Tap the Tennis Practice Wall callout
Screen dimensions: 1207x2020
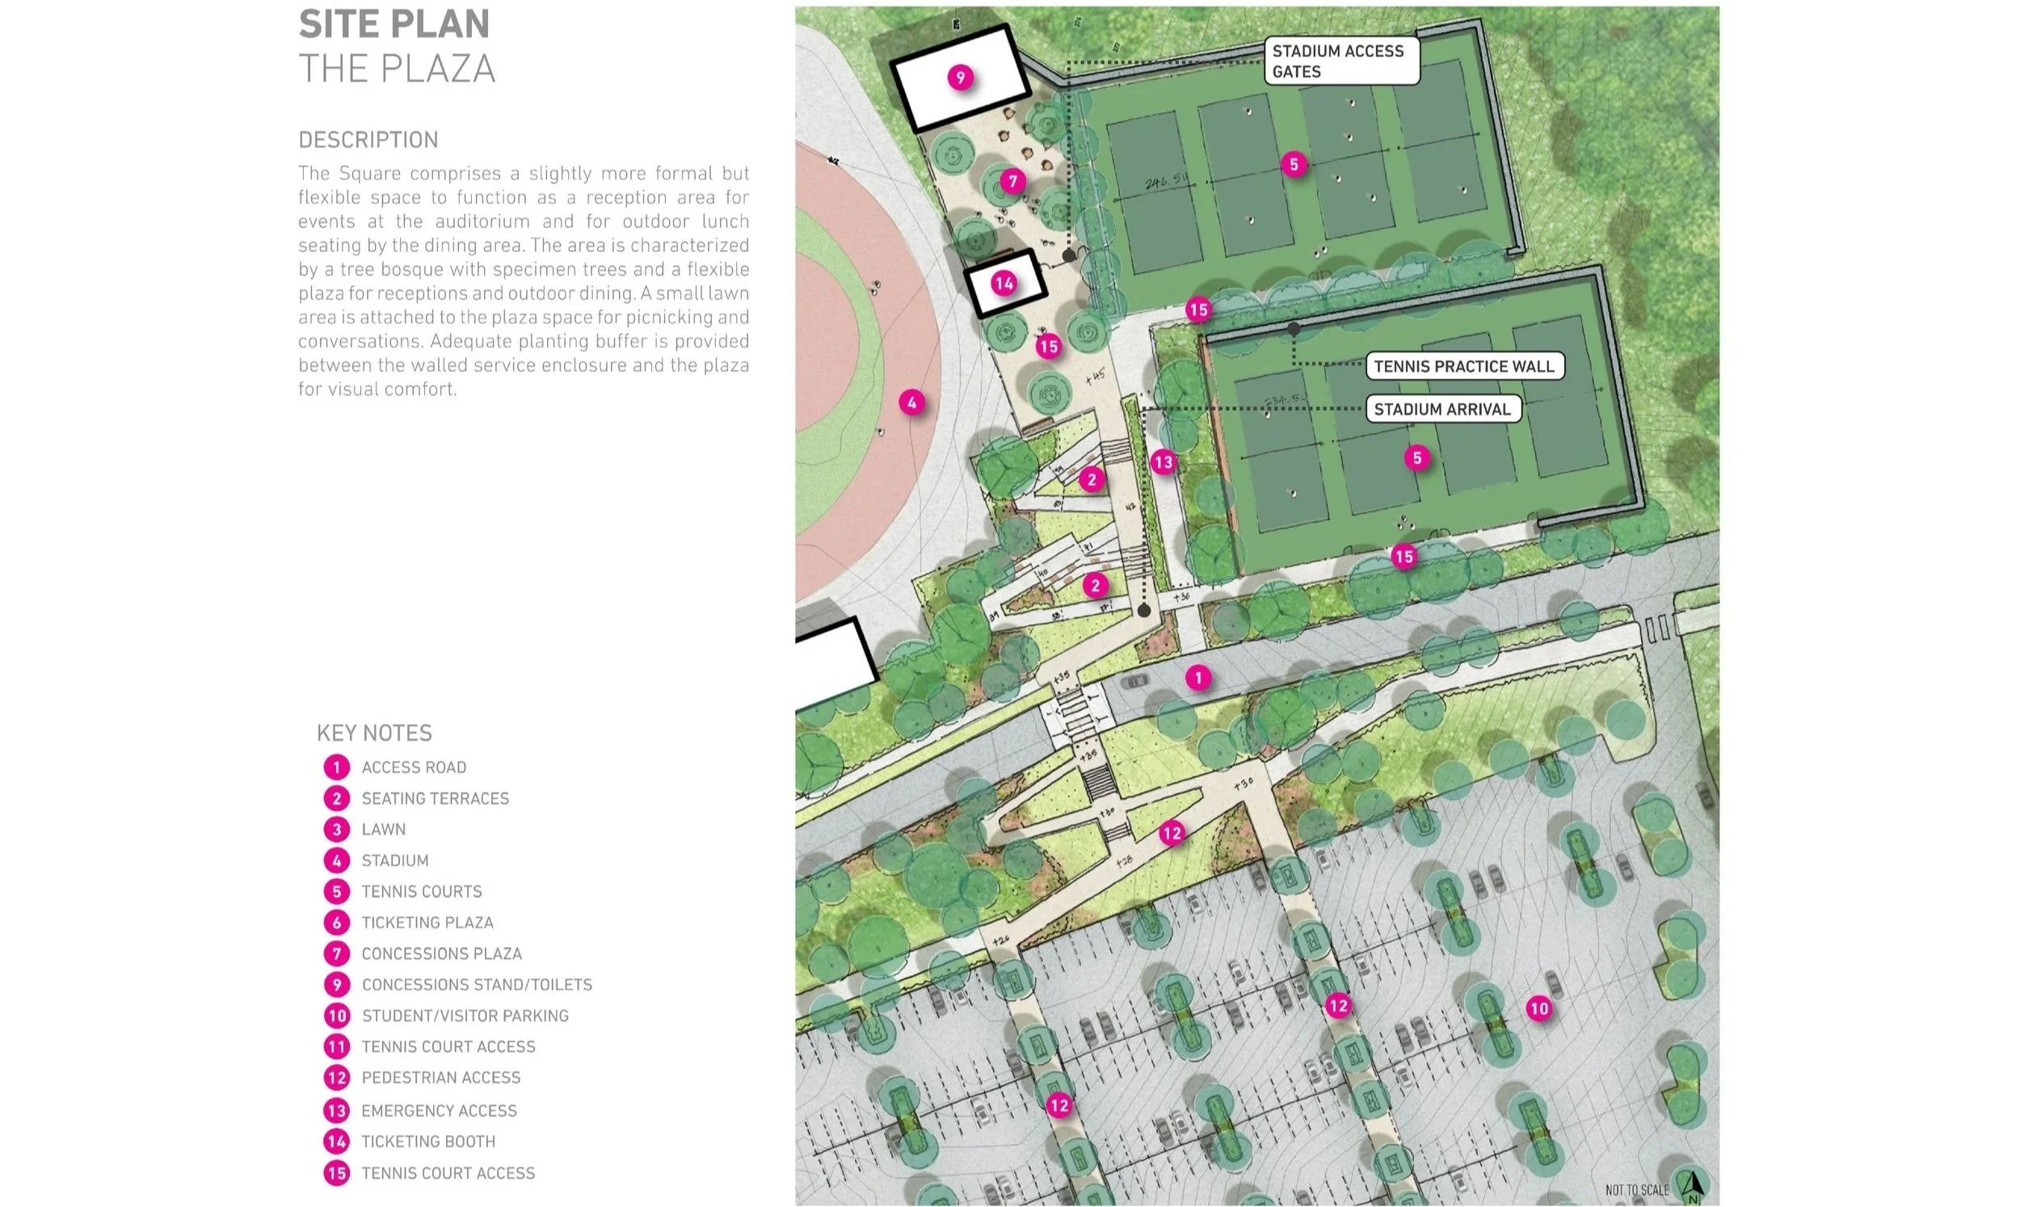(1464, 366)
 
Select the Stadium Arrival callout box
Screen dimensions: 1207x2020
(1441, 409)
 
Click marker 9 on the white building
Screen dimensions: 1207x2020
(961, 78)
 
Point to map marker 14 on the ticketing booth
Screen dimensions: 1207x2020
(1004, 283)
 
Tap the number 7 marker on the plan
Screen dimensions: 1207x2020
(1012, 180)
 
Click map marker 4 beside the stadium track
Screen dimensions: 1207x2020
(911, 402)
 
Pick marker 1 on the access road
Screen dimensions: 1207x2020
(1197, 678)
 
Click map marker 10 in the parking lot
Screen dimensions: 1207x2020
(1539, 1008)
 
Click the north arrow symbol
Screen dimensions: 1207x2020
(1693, 1186)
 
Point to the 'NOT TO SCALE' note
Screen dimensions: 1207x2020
(1636, 1190)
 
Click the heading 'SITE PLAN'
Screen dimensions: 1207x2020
(394, 23)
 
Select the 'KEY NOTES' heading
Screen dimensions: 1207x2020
(374, 733)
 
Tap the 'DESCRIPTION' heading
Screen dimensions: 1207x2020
(368, 140)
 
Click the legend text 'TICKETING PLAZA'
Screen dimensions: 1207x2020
(427, 923)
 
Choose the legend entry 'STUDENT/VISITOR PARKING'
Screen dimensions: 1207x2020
(465, 1016)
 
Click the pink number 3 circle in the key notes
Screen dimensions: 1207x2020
(337, 830)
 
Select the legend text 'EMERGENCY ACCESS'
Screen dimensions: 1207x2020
(439, 1110)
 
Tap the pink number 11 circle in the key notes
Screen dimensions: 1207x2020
(337, 1047)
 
